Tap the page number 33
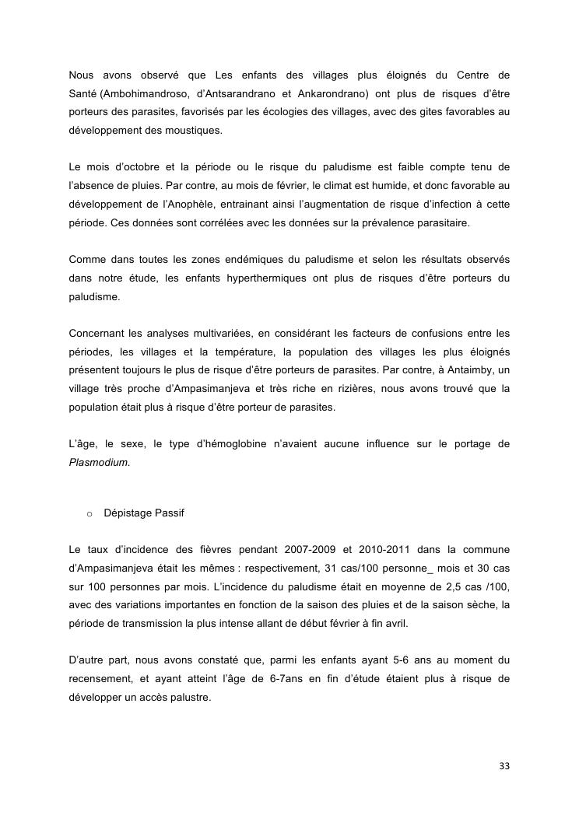coord(504,767)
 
